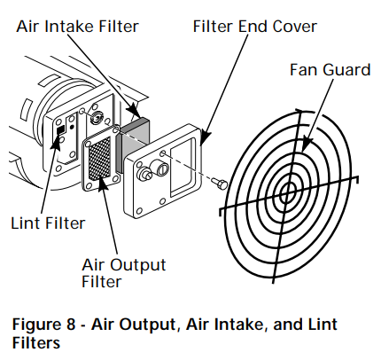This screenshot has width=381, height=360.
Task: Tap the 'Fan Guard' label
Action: click(330, 69)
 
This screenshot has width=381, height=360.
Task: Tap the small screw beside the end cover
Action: click(222, 183)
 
